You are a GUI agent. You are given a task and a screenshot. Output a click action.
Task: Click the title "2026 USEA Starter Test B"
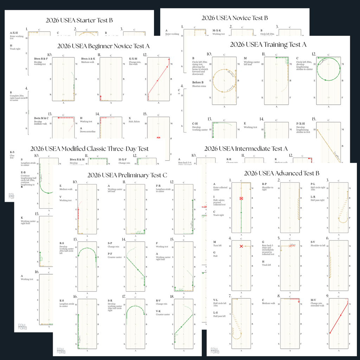(x=79, y=20)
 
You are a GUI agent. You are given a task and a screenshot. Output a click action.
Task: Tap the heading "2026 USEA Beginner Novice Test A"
(x=104, y=46)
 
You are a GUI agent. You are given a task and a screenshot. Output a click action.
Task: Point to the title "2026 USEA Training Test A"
(x=268, y=45)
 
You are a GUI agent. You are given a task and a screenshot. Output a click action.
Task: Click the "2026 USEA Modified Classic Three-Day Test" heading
(x=90, y=149)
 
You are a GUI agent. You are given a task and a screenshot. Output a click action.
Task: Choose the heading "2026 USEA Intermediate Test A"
(x=246, y=149)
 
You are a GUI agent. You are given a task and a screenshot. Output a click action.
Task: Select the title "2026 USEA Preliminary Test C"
(x=127, y=175)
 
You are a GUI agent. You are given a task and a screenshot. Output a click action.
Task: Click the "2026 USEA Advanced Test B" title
(x=281, y=173)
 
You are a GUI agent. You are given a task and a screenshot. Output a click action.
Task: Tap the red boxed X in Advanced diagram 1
(x=241, y=199)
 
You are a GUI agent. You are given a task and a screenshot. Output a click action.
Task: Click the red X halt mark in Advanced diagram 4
(x=241, y=246)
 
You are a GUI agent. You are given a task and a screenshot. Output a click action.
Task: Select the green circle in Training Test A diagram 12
(x=329, y=69)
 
